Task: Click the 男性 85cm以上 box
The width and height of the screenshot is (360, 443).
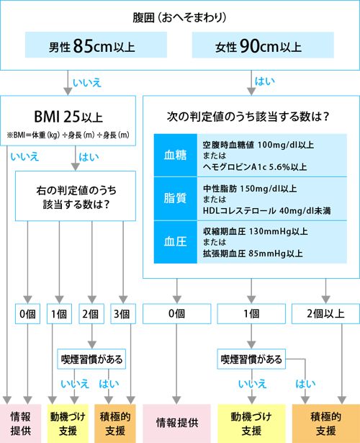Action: tap(96, 45)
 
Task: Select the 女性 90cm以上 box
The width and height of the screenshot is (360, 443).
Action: tap(263, 45)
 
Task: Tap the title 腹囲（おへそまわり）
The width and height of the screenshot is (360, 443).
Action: tap(180, 17)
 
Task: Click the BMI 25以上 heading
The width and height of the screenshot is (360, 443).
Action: tap(68, 117)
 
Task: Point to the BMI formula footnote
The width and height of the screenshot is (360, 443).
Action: tap(68, 135)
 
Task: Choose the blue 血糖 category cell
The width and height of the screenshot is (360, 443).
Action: tap(176, 155)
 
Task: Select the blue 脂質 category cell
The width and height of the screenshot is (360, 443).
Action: tap(176, 199)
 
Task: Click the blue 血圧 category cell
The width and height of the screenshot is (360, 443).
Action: tap(176, 242)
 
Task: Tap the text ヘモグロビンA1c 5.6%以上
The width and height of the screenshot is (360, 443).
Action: tap(255, 167)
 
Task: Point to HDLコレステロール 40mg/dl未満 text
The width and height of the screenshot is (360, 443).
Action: tap(267, 210)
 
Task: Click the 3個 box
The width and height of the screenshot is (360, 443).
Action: tap(123, 313)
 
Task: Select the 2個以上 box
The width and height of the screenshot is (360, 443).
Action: tap(325, 313)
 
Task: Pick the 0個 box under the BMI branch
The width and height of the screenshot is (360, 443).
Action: tap(27, 313)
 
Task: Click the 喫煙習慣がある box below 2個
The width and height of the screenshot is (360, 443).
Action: tap(91, 359)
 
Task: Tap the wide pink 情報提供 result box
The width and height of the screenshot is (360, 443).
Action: tap(176, 424)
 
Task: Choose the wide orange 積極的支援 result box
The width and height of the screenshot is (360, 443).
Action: tap(326, 424)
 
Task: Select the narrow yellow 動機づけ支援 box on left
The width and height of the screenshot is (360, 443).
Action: tap(68, 424)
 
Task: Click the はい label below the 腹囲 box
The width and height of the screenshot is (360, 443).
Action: tap(264, 81)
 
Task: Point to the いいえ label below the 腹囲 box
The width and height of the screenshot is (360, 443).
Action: tap(87, 83)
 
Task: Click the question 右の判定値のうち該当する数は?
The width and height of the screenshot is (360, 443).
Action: tap(76, 197)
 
